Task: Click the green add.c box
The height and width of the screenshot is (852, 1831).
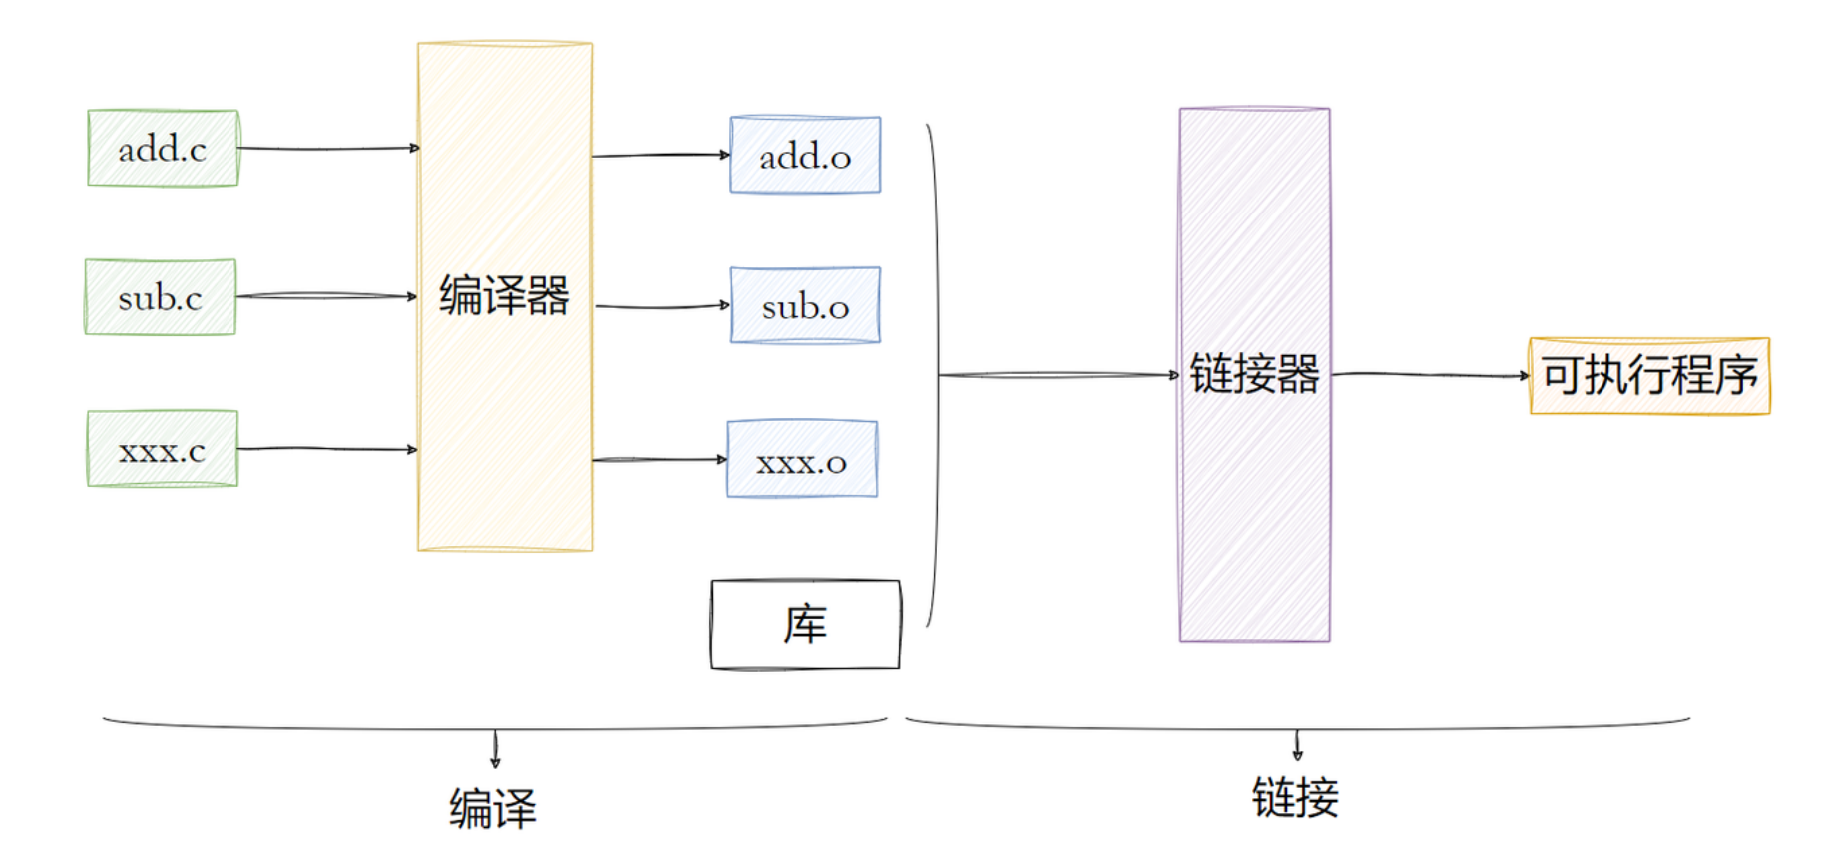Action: coord(163,149)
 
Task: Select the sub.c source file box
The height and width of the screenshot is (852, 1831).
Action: coord(160,297)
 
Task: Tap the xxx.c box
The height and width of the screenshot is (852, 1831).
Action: coord(162,449)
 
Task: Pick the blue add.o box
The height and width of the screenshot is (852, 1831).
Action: coord(805,156)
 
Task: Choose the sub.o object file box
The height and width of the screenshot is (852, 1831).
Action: coord(805,305)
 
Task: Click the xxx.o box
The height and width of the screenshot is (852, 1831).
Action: coord(802,460)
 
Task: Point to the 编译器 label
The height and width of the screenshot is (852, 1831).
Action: coord(504,296)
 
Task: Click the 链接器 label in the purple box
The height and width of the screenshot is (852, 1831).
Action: coord(1254,375)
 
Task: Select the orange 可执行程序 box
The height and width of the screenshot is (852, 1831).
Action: coord(1649,376)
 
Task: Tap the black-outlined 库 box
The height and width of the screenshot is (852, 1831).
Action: coord(805,625)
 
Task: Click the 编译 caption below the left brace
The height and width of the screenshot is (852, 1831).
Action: coord(493,807)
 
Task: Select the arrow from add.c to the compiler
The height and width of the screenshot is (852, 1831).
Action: coord(327,149)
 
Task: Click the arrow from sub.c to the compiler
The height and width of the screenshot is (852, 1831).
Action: coord(326,296)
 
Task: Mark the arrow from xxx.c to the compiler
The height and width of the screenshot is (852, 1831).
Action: coord(326,449)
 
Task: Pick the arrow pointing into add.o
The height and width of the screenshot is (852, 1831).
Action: coord(661,155)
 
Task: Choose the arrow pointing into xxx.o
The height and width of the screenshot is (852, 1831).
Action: coord(660,460)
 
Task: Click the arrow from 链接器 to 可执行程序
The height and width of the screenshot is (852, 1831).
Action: coord(1430,375)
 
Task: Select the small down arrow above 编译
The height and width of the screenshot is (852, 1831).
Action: coord(495,749)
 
